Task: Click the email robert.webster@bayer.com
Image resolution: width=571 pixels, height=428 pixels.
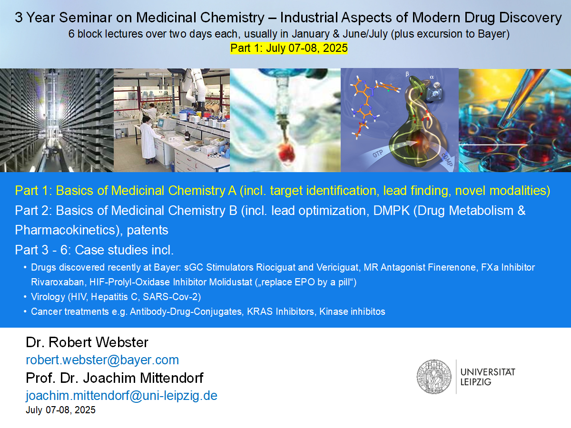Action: pos(102,360)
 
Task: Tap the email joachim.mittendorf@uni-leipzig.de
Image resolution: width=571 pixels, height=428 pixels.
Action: pos(121,396)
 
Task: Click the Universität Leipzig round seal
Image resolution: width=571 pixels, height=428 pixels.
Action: pos(434,377)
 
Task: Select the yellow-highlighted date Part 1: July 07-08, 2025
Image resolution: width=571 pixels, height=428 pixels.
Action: pos(289,48)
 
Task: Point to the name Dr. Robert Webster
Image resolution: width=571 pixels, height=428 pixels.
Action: pos(87,342)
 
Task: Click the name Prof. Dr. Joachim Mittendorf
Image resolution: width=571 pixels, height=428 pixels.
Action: pos(115,378)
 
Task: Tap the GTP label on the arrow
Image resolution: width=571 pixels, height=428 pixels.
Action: pos(378,154)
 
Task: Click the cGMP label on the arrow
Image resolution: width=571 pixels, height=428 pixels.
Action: pos(447,160)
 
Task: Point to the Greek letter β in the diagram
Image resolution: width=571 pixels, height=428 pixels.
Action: pos(407,74)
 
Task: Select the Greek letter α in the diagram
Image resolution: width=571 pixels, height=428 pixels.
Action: pos(432,77)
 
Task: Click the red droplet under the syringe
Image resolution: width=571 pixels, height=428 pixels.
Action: pos(286,152)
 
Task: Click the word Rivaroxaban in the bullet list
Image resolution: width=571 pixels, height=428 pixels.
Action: pos(58,282)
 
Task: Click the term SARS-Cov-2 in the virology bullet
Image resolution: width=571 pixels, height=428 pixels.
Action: pos(170,297)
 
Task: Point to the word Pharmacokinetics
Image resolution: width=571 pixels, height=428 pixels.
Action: pos(65,230)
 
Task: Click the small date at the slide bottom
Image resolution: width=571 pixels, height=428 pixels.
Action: pos(60,410)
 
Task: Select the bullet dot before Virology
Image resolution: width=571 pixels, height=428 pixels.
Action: pos(25,297)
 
